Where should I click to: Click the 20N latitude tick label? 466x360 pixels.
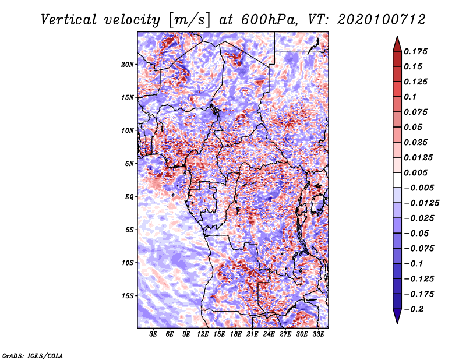click(x=128, y=65)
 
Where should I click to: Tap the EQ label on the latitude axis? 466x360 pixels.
click(x=129, y=197)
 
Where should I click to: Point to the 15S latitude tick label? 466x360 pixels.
click(x=128, y=296)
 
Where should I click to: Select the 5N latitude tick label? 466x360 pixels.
click(x=129, y=164)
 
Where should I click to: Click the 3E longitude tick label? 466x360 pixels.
click(x=153, y=334)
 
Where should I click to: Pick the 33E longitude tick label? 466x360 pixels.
click(x=318, y=334)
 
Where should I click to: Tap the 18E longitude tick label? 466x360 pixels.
click(x=236, y=334)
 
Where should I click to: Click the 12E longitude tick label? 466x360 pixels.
click(x=203, y=334)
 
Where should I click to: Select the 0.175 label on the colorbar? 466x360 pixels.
click(x=415, y=51)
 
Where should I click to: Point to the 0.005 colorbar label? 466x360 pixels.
click(x=415, y=172)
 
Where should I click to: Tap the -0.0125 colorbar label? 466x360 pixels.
click(x=421, y=203)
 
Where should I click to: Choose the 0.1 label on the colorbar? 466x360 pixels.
click(x=410, y=97)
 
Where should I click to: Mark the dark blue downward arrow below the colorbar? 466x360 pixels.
click(x=397, y=316)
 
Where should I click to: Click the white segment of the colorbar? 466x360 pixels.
click(x=397, y=180)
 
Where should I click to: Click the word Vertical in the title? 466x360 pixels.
click(x=69, y=20)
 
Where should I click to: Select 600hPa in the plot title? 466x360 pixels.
click(x=269, y=20)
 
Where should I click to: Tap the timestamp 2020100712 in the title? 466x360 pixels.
click(x=382, y=20)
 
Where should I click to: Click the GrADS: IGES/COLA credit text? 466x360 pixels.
click(x=33, y=356)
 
